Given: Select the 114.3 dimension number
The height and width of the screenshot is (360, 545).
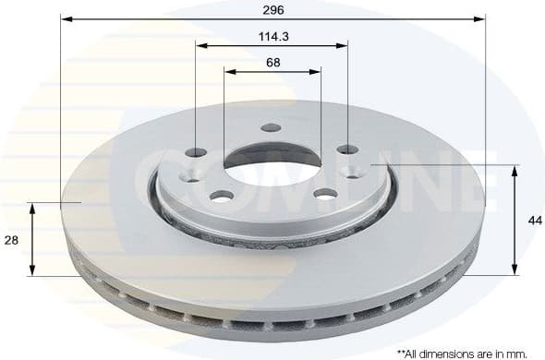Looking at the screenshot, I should (272, 37).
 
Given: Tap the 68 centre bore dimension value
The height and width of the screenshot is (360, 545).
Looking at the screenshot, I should (272, 63).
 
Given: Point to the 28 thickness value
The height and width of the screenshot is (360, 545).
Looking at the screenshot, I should (11, 239).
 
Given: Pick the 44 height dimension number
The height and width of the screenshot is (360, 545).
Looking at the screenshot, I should (535, 220).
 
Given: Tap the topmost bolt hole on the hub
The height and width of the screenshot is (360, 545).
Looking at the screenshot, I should (271, 127).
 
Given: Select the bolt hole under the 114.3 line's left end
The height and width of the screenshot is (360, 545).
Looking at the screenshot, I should (196, 151).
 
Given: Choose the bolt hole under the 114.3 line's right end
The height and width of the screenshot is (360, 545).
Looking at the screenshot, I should (347, 150).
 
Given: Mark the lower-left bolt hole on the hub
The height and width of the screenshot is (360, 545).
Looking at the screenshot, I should (222, 195).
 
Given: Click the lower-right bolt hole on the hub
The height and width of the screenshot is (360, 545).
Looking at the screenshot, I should (326, 193).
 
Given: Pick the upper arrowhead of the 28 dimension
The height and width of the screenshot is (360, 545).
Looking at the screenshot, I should (32, 208).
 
